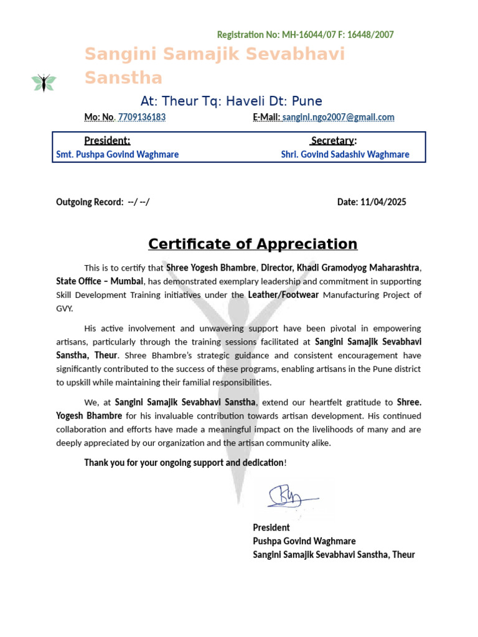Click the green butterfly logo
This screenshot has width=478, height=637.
[x=44, y=82]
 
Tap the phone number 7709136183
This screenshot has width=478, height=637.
[x=141, y=117]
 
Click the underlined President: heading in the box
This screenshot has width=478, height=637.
[x=107, y=141]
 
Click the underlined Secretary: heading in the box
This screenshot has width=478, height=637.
[x=334, y=141]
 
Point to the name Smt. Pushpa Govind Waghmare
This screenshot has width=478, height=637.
[x=117, y=154]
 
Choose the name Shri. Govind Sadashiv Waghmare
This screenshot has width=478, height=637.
[x=345, y=154]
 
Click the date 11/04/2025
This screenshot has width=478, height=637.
[x=383, y=202]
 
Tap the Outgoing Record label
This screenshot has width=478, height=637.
[x=90, y=202]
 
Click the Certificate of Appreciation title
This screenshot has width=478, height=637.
[x=252, y=244]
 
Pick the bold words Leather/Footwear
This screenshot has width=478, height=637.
[x=283, y=295]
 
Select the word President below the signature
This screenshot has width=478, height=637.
[x=271, y=528]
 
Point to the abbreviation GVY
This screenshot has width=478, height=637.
[x=64, y=309]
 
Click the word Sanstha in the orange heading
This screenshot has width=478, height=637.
[x=123, y=78]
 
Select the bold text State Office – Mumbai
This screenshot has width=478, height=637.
[x=100, y=281]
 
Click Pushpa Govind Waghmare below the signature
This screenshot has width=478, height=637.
[x=304, y=541]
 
